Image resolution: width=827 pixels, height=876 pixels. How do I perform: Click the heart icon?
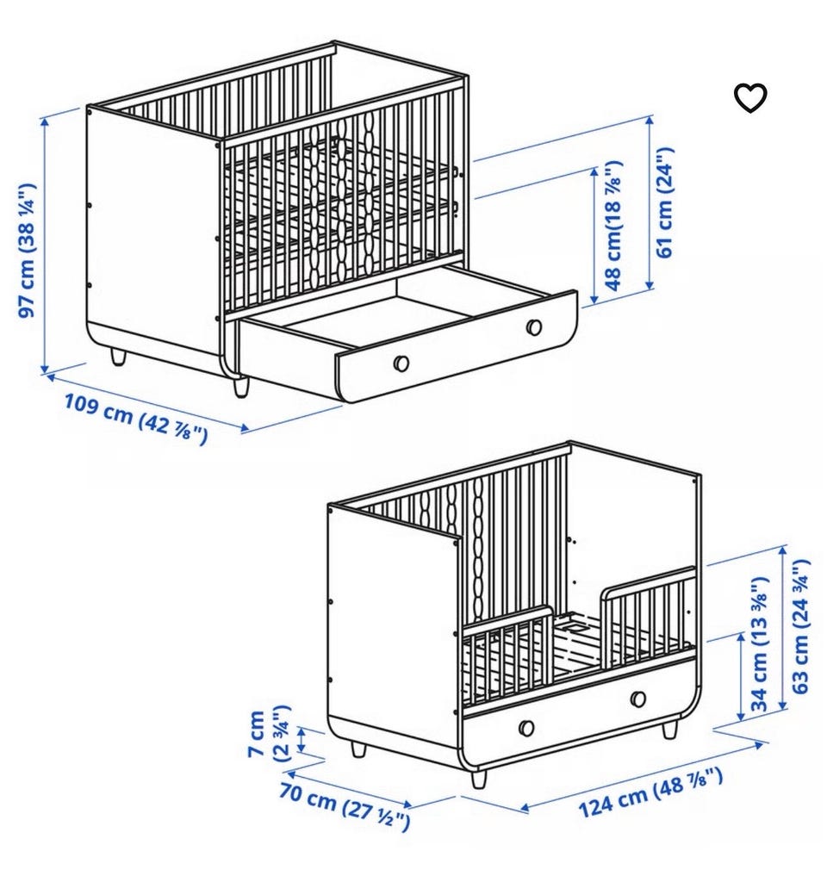tap(749, 98)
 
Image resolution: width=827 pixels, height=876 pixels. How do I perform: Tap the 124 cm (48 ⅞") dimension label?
tap(650, 792)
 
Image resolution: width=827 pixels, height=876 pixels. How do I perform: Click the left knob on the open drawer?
tap(401, 363)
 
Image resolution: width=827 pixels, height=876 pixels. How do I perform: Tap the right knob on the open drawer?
tap(534, 326)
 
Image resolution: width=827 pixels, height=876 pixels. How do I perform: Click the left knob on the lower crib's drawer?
tap(525, 728)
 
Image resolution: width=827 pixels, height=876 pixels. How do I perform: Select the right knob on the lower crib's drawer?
tap(637, 699)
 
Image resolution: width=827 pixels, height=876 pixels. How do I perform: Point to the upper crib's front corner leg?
tap(240, 388)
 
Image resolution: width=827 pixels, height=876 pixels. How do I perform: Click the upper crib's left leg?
tap(118, 357)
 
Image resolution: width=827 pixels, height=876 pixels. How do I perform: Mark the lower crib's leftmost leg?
tap(358, 749)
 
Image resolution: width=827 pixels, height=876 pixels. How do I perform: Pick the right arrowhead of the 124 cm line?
tap(759, 745)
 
